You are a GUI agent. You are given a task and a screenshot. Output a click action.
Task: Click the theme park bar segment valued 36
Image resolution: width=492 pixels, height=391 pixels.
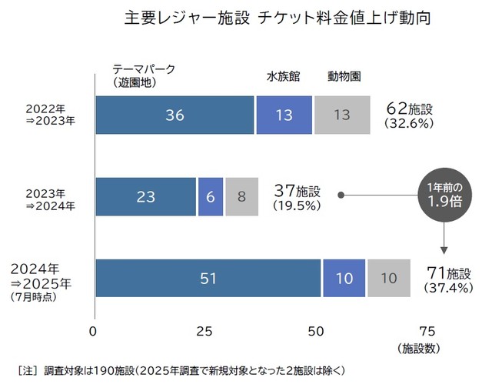[175, 115]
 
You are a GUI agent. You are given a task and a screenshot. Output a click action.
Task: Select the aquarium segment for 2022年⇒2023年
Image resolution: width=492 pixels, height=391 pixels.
[284, 115]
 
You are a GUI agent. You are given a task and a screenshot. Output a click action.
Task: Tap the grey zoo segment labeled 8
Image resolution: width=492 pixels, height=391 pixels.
[241, 196]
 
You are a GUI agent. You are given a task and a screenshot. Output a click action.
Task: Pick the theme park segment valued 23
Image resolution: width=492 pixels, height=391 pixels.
[145, 196]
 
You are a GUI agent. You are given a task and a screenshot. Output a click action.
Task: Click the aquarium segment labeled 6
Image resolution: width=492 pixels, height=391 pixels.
[210, 196]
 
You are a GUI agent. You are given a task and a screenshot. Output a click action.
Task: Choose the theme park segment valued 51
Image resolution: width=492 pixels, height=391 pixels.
[208, 278]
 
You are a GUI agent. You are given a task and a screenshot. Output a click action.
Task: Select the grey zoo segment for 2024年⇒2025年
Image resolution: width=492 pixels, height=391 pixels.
[389, 278]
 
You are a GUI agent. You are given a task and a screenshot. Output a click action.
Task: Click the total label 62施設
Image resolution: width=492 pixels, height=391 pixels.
[411, 109]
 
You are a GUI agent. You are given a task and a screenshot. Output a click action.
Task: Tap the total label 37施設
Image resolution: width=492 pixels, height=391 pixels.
[298, 189]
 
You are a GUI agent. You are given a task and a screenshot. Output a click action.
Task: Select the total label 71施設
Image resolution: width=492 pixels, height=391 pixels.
[448, 272]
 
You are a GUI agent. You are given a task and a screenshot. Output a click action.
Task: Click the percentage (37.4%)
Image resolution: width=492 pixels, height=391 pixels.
[448, 288]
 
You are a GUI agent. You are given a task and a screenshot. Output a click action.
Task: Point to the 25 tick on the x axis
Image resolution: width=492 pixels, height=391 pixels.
[204, 332]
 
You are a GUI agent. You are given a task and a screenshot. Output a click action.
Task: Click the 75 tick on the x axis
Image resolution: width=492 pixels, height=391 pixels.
[426, 332]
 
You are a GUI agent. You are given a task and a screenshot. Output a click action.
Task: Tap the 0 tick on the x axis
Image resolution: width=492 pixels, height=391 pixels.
[94, 332]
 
